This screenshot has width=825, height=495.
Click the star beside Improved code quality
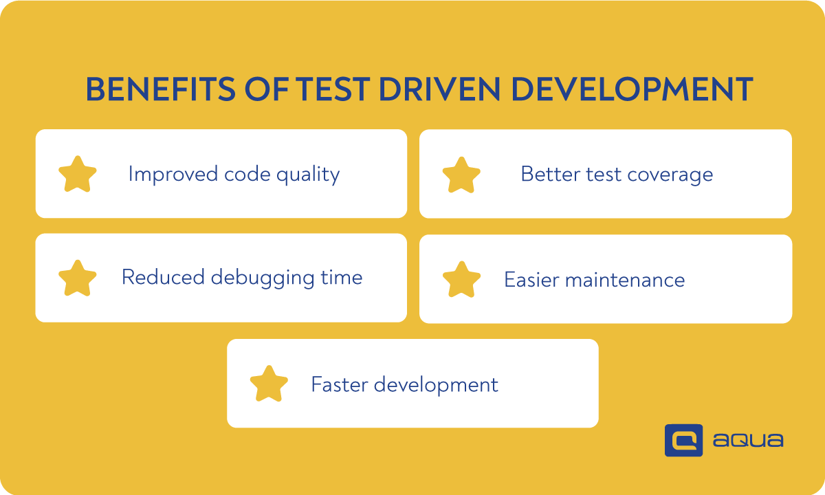click(78, 175)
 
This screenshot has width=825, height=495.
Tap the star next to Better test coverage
click(461, 175)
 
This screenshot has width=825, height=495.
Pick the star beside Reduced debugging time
click(78, 278)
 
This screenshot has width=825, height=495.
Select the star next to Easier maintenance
click(461, 280)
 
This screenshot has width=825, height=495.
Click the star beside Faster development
click(269, 384)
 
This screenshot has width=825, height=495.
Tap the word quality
click(308, 175)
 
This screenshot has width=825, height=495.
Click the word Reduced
click(162, 278)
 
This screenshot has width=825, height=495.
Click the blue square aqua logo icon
click(683, 440)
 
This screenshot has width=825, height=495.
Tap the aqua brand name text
click(747, 441)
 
